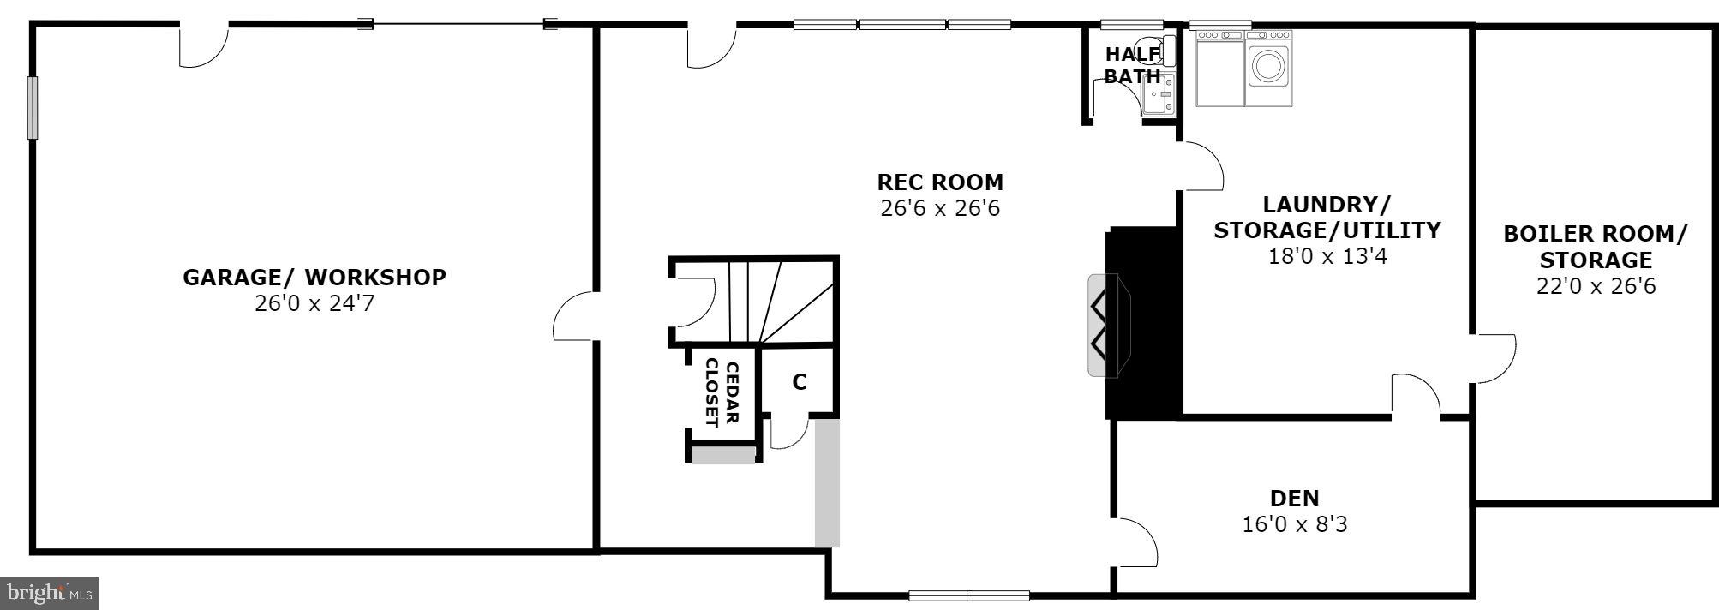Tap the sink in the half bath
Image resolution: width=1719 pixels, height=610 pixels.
point(1159,93)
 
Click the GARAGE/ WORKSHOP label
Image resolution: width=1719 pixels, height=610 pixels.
point(314,278)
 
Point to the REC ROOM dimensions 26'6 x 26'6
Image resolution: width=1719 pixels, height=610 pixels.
point(940,208)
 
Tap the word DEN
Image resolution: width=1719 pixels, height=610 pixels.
point(1294,498)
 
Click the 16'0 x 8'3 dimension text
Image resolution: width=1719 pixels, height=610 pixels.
point(1294,523)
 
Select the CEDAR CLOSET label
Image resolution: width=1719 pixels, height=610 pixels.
point(722,393)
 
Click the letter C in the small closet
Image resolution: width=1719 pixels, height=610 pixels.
point(799,382)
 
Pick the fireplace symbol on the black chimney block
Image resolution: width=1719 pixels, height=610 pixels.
point(1108,325)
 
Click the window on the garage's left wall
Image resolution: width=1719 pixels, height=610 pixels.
point(33,107)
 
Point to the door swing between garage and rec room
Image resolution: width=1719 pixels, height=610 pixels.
point(575,317)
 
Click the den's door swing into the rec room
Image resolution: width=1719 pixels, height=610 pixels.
point(1135,542)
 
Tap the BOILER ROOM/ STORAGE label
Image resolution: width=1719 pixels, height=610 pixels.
point(1595,247)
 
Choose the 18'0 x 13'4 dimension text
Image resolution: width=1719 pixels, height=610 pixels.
point(1327,255)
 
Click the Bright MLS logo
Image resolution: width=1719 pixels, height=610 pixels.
point(49,593)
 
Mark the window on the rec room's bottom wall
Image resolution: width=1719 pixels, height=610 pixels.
point(968,595)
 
